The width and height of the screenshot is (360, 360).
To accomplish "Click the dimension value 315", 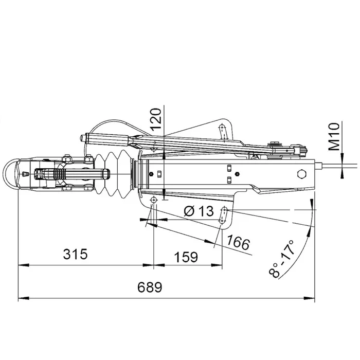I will (75, 254).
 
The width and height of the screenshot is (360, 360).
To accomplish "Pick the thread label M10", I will (335, 136).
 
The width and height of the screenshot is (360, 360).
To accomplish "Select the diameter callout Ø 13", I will (198, 210).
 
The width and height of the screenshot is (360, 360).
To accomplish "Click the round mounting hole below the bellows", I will (153, 200).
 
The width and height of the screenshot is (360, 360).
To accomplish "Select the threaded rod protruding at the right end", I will (334, 166).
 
